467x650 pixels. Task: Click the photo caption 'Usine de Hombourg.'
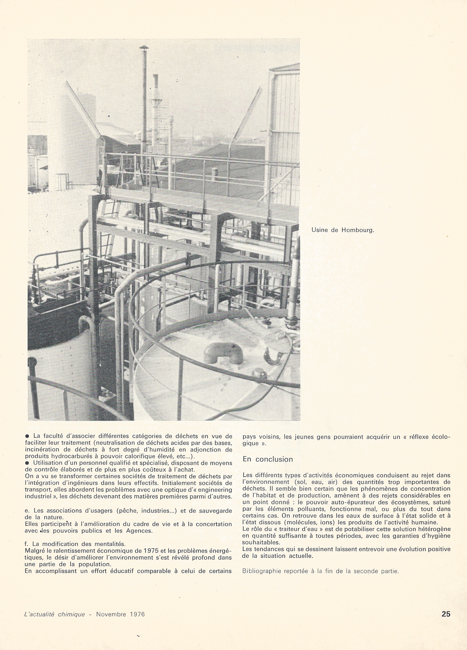[x=342, y=230]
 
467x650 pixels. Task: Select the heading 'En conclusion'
[x=268, y=459]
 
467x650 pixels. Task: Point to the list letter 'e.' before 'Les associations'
[x=28, y=511]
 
